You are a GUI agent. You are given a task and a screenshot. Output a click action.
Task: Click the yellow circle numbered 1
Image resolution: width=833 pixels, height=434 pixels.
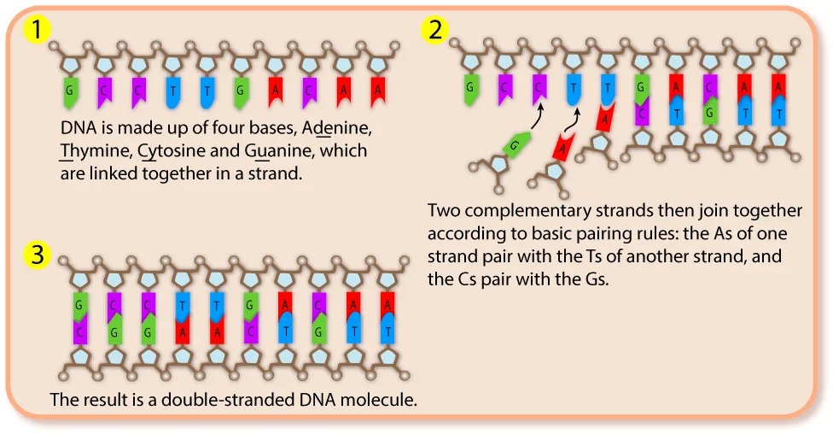point(35,30)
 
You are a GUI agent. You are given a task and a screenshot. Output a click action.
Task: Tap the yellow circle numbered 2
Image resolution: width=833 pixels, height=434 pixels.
point(434,30)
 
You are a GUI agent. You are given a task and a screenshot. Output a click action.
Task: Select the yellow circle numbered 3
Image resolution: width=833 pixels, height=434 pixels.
point(35,255)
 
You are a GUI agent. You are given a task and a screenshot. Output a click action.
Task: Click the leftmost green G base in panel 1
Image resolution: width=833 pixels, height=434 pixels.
point(69,90)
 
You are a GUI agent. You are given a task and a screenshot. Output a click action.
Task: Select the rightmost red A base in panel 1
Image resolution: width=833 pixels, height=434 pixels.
point(376,90)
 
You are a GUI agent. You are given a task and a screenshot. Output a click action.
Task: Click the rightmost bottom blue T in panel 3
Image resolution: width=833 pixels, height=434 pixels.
point(387,331)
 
